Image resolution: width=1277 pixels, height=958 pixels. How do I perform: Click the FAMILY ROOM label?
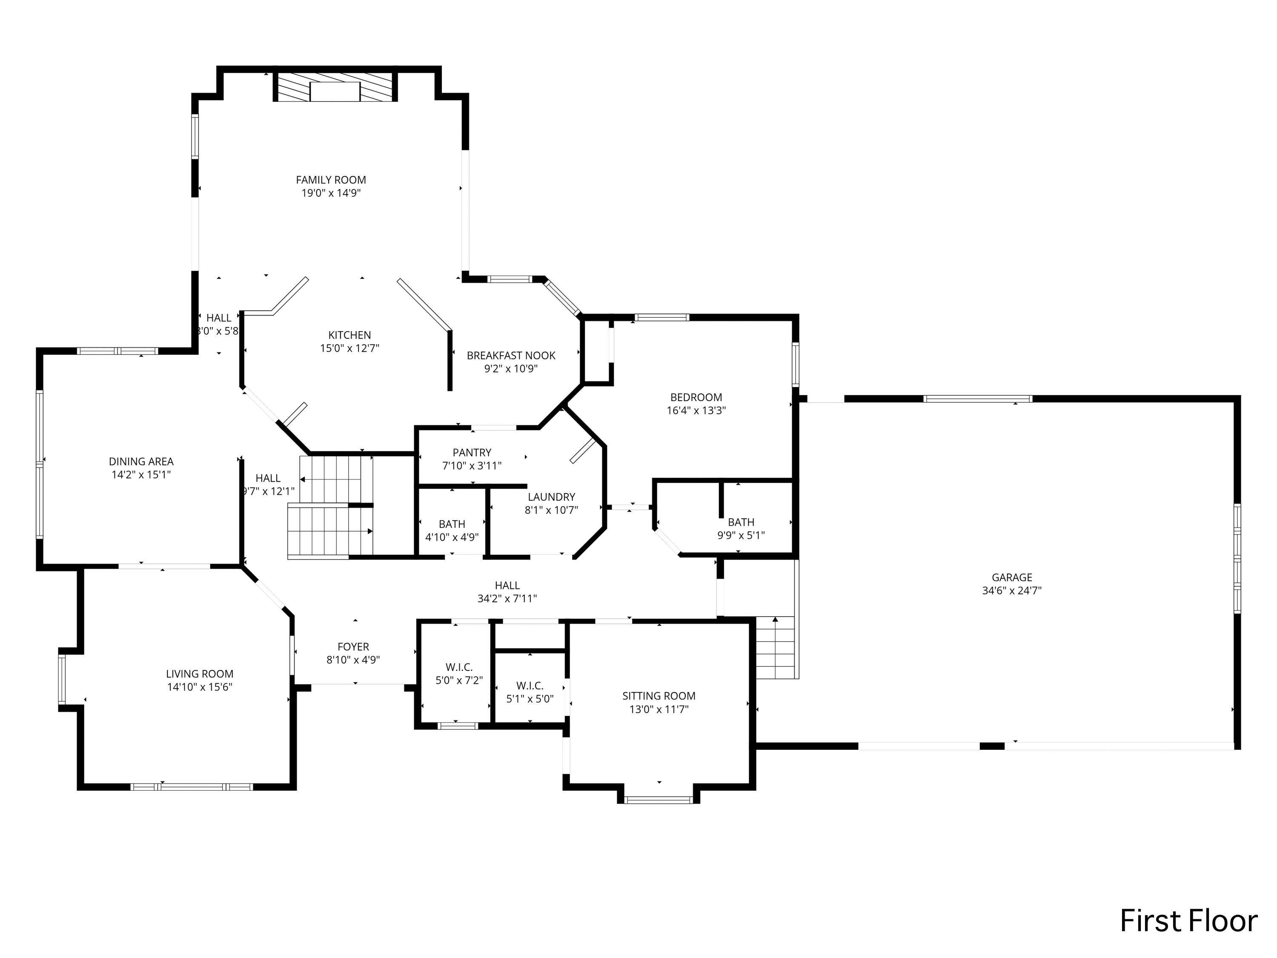coord(331,180)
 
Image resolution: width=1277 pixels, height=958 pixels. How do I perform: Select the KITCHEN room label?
coord(349,335)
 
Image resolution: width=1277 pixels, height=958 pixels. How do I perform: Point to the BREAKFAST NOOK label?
coord(511,356)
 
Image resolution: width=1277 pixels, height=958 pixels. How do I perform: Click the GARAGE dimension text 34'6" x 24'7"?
coord(1011,591)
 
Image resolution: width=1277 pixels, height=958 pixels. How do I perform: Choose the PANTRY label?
coord(472,453)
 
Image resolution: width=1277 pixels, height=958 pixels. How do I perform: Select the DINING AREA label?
coord(141,462)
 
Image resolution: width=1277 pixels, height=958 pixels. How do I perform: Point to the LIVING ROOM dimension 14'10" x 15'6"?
coord(199,687)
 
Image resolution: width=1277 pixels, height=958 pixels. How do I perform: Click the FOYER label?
coord(353,647)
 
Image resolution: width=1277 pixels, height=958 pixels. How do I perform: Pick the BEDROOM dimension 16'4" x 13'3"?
coord(696,410)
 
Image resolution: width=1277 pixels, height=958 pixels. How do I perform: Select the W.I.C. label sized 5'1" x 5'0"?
coord(530,686)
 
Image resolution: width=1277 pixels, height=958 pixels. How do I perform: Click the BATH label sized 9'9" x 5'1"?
coord(741,522)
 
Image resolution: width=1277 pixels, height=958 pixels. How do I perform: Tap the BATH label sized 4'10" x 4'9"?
coord(452,524)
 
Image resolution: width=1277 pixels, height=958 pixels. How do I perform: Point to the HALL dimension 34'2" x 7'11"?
coord(507,599)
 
